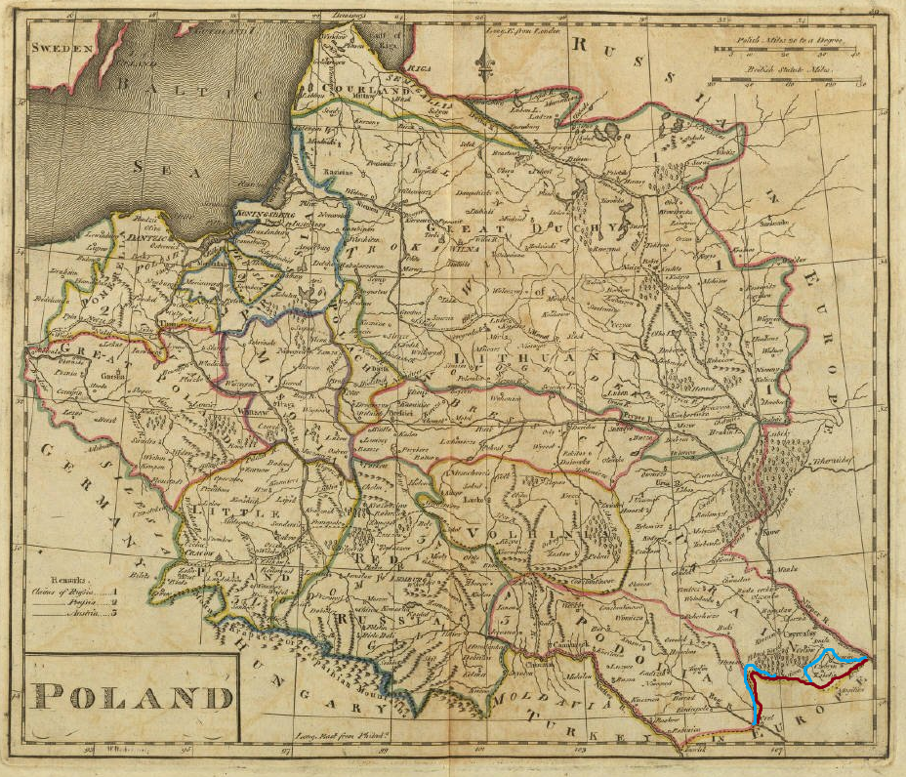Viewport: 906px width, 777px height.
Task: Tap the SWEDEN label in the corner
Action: tap(61, 47)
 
